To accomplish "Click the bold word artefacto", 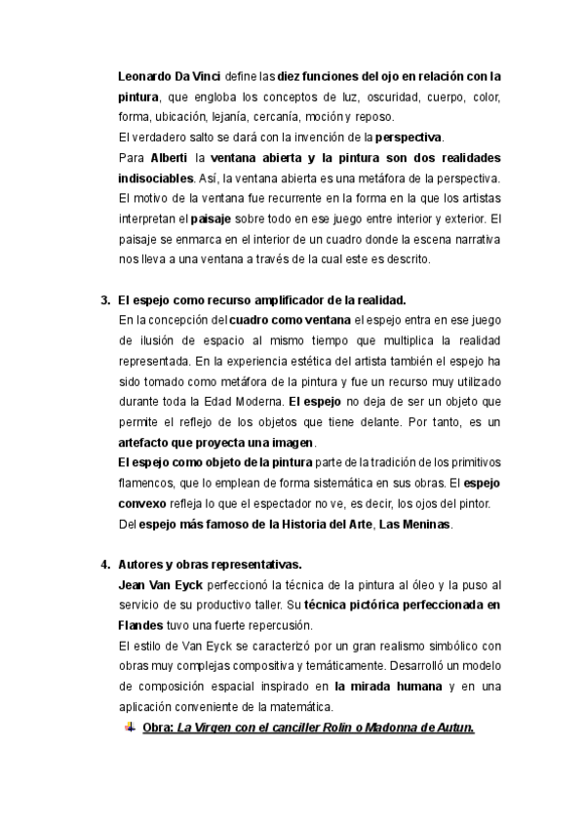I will click(145, 442).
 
